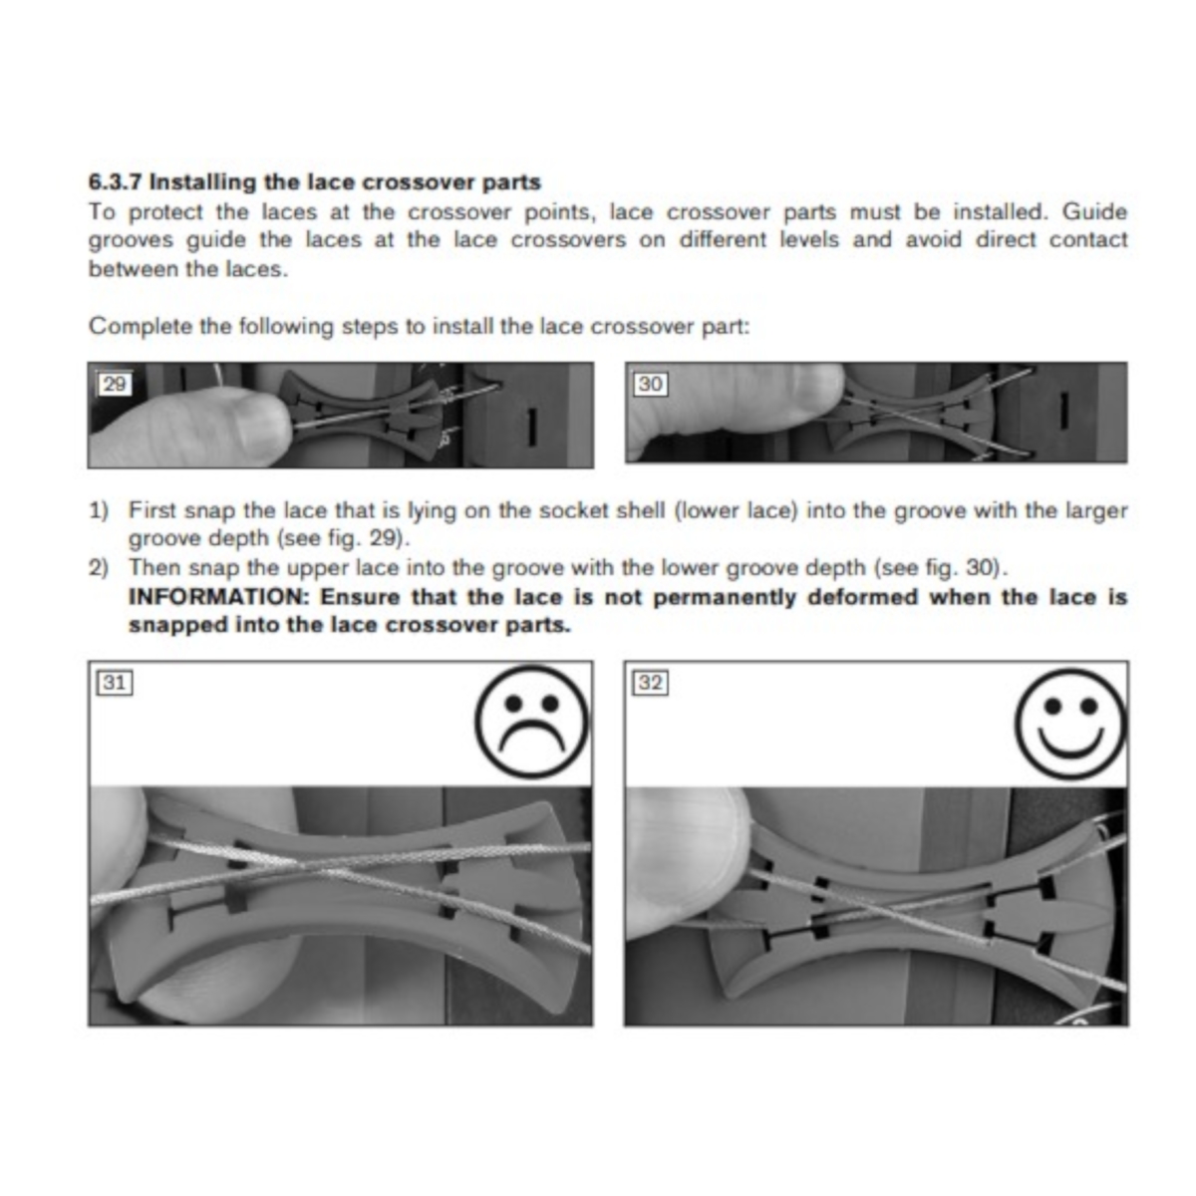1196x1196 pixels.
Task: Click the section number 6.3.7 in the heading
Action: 116,181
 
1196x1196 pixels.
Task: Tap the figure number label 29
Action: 115,384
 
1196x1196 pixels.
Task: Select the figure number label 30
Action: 650,384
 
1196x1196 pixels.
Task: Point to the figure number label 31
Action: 115,683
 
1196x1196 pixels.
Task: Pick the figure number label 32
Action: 651,683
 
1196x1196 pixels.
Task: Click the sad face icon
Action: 531,723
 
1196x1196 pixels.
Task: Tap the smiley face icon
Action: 1070,724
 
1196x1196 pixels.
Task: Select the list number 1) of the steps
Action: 99,511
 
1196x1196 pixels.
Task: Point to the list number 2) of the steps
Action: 99,568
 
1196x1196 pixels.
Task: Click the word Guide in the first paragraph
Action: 1094,211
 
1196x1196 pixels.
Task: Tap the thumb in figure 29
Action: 205,422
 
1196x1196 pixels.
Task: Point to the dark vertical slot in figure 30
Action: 1063,411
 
